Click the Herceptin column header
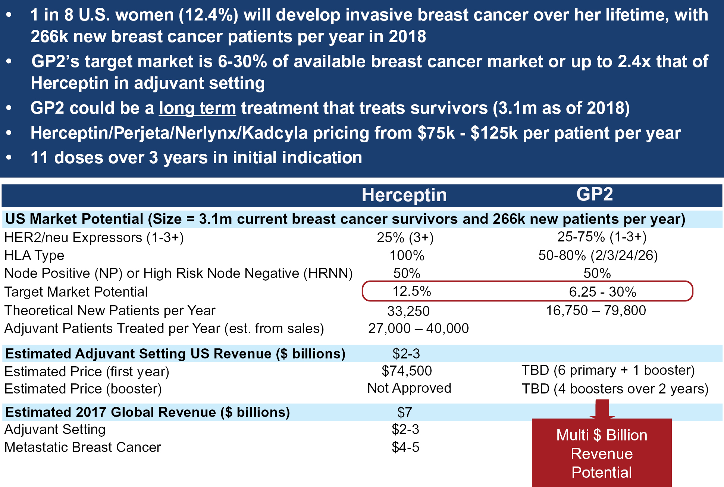404,195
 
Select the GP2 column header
595,194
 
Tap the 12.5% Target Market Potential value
412,291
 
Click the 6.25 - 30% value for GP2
602,292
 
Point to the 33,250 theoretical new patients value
408,311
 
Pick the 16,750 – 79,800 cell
596,310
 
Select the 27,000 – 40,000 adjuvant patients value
418,328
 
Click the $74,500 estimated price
407,371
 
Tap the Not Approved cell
409,388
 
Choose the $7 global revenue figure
405,412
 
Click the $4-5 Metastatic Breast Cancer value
405,447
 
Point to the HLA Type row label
34,256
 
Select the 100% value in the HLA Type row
407,256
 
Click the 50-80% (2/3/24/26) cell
598,255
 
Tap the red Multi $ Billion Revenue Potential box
602,453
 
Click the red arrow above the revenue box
602,409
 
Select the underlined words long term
197,108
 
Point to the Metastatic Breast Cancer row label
83,447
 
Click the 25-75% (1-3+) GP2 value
602,237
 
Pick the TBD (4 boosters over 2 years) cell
615,389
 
